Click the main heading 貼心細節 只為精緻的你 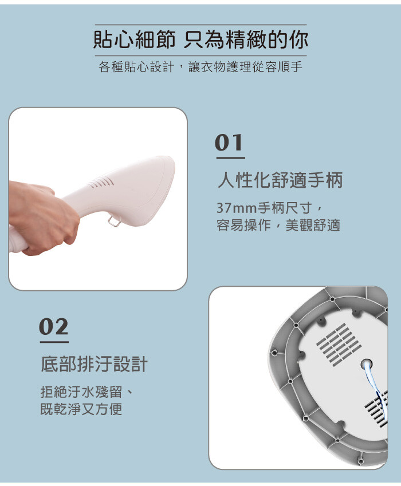pos(200,39)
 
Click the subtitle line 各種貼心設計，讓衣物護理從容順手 pos(200,66)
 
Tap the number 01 pos(229,143)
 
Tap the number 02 pos(54,327)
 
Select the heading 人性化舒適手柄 pos(280,180)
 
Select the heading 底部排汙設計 pos(94,364)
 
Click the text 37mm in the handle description pos(237,208)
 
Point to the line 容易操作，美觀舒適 pos(278,226)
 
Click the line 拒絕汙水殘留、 pos(87,392)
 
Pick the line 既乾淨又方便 pos(81,409)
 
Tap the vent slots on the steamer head pos(101,183)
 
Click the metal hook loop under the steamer pos(115,222)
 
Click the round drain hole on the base pos(367,364)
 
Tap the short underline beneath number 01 pos(231,158)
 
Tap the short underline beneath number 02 pos(54,342)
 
